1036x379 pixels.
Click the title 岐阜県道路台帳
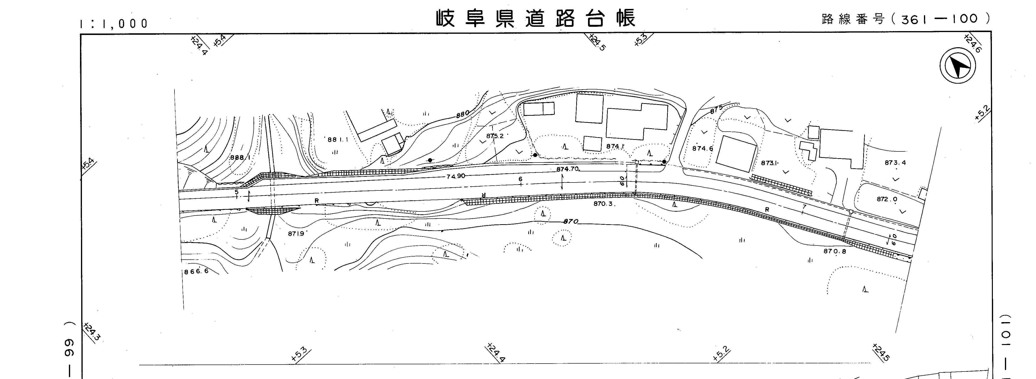pos(536,19)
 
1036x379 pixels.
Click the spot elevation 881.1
pos(337,140)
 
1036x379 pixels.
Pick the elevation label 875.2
pos(495,136)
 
